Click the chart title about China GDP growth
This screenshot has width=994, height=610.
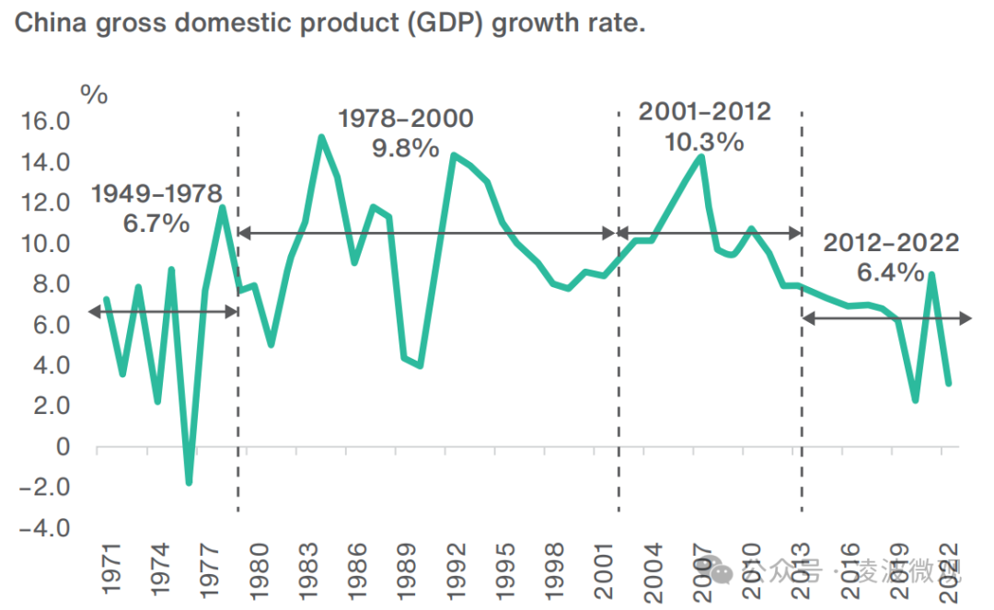pos(329,23)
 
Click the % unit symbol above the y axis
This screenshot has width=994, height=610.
pos(94,93)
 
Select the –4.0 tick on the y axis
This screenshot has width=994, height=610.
pos(44,528)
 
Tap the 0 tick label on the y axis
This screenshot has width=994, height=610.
pos(63,447)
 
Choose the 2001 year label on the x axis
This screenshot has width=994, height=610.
pos(603,571)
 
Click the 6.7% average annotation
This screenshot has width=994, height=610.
pos(156,223)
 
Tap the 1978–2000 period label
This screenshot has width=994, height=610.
pos(406,119)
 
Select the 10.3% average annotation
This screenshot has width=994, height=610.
pos(705,142)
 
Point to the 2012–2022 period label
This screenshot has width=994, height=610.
pos(891,244)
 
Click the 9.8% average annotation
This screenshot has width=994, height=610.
pos(406,147)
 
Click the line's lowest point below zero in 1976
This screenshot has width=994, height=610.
pos(189,482)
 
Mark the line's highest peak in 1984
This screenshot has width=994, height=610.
pos(320,138)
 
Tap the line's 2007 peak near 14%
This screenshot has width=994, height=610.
pos(701,157)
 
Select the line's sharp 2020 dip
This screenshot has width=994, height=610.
pos(916,399)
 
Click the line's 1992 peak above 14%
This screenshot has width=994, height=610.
pos(453,155)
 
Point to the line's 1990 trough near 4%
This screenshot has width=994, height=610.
pos(420,365)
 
